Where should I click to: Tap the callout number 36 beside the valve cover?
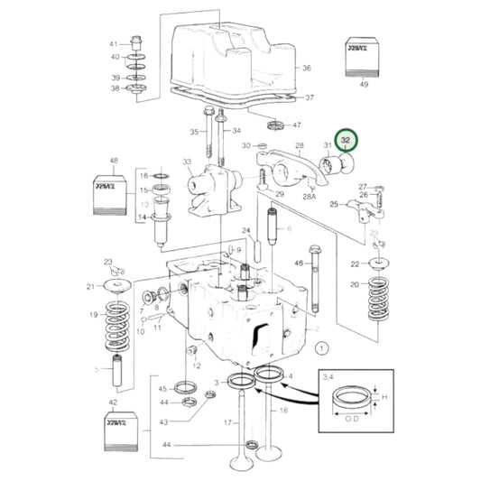[x=307, y=69]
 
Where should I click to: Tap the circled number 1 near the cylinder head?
[x=322, y=345]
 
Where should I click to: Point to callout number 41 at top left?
[x=114, y=44]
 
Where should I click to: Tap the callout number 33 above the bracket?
[x=187, y=162]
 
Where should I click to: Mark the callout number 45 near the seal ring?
[x=164, y=389]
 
